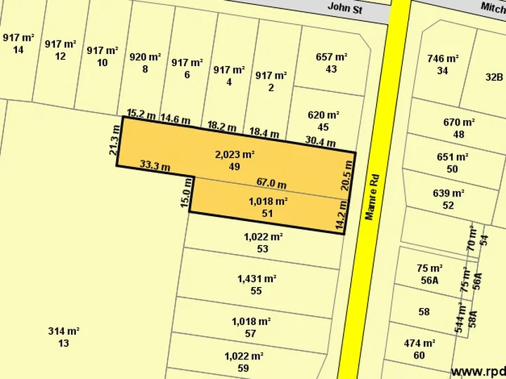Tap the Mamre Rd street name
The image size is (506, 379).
(370, 197)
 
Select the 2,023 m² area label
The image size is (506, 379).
(235, 155)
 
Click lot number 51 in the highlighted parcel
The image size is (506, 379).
(267, 213)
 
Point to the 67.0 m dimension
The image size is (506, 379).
(271, 184)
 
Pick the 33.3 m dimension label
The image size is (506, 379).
(155, 166)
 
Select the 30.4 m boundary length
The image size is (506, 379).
(320, 141)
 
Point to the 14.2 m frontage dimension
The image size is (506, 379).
(340, 215)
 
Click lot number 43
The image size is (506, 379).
(332, 69)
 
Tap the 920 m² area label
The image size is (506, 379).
(144, 58)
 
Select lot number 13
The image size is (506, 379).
(63, 343)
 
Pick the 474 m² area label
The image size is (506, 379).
(420, 343)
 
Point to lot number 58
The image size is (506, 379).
(424, 312)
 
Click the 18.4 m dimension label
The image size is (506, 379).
(264, 133)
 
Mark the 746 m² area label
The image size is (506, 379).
(443, 59)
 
